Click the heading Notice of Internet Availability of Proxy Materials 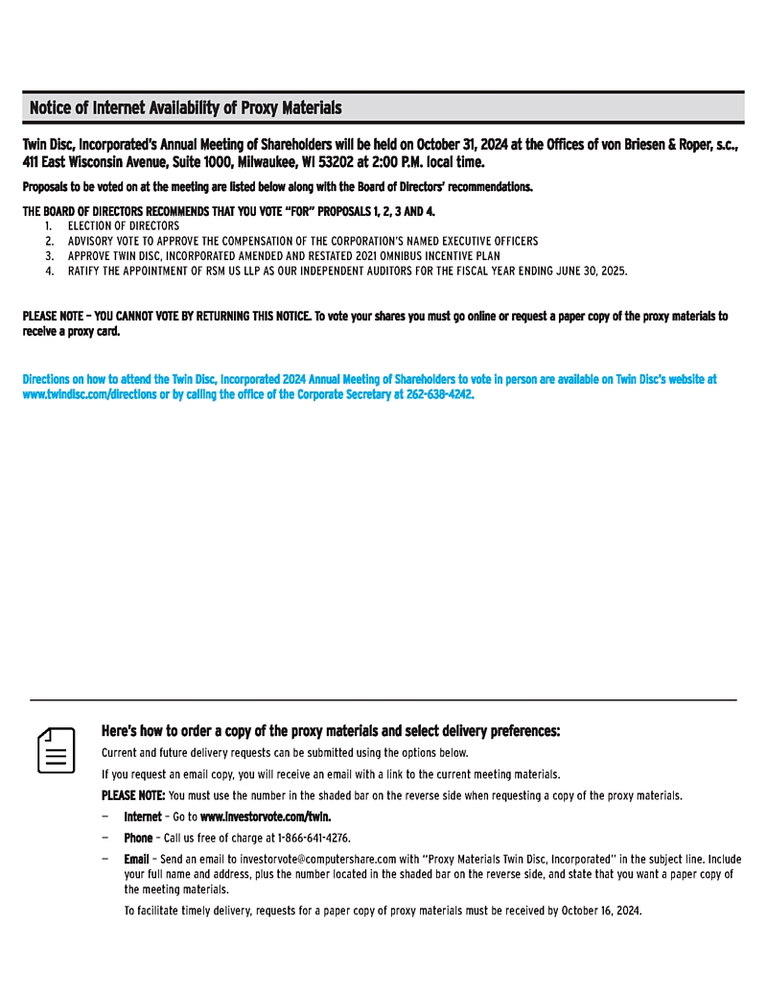click(185, 107)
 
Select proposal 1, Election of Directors click(123, 226)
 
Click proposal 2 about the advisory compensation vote click(302, 242)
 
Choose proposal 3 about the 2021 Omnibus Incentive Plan click(283, 257)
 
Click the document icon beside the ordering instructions click(57, 750)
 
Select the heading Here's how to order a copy click(330, 731)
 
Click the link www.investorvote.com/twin click(266, 816)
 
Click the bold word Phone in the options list click(137, 838)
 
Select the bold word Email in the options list click(136, 859)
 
